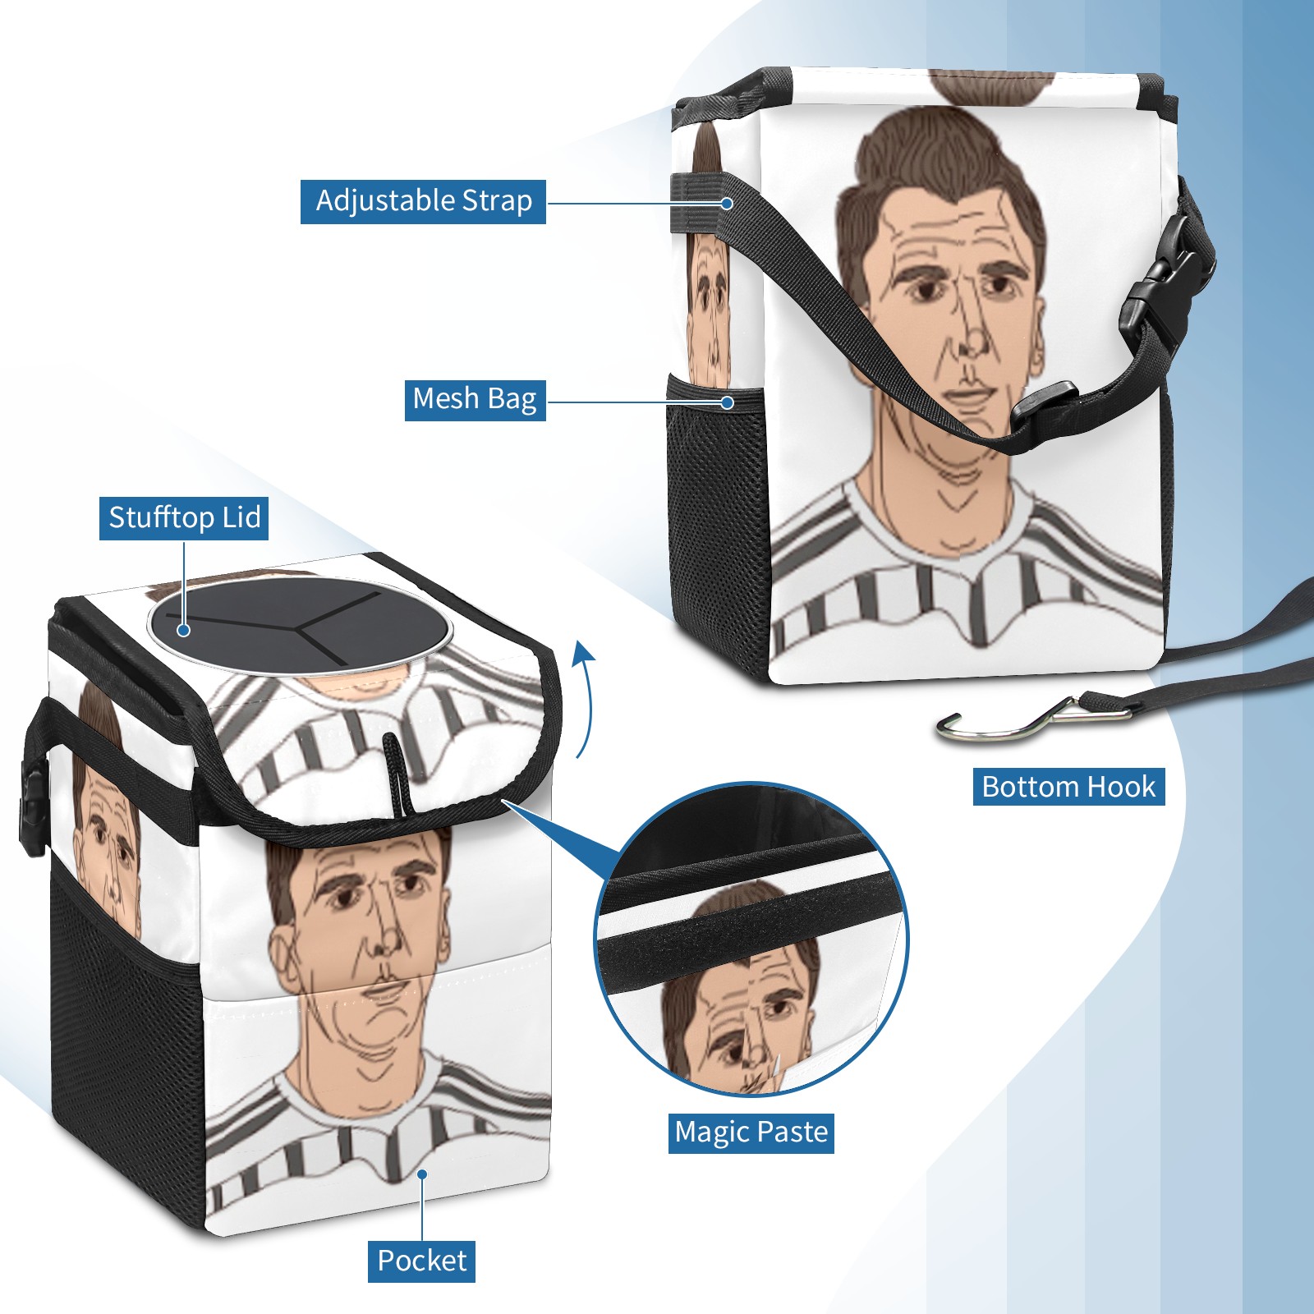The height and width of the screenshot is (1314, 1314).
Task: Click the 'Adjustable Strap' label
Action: pos(423,201)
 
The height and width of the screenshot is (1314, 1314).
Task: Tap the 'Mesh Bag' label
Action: pos(475,399)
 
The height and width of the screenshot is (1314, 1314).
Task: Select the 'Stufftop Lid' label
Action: pos(184,518)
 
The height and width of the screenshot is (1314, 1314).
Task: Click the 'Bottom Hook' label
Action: pos(1068,787)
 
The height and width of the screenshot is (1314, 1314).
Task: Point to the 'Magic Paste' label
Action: pos(751,1133)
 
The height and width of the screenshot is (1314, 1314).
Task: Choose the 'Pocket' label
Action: pos(421,1261)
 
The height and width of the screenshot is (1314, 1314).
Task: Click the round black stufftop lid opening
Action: pos(300,626)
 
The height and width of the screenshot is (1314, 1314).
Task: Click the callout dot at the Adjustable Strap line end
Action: pos(727,203)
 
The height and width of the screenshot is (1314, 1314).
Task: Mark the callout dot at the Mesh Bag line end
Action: pos(727,402)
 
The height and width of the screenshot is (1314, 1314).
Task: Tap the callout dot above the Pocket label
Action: pos(422,1174)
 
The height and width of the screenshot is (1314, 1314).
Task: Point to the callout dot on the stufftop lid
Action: pos(184,630)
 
